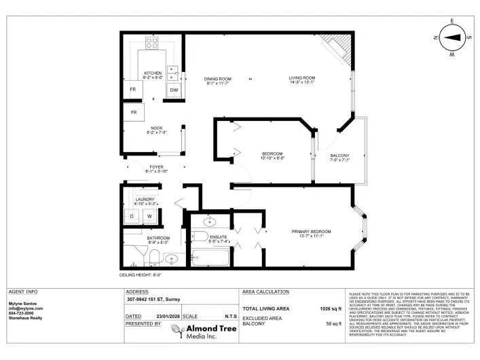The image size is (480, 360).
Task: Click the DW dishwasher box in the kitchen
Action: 174,90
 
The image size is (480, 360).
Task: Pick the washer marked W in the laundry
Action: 149,216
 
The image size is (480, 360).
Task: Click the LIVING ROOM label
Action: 302,79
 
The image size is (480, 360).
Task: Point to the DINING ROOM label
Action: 218,79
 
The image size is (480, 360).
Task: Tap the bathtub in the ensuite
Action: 211,257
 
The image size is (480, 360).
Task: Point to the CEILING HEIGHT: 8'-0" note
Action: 141,274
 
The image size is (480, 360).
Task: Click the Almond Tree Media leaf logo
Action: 178,331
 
